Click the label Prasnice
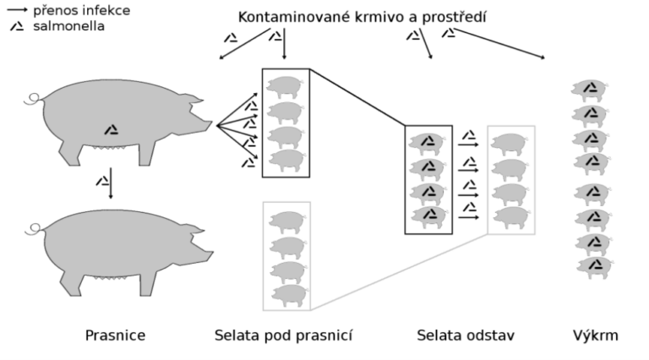115,335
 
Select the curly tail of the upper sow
33,100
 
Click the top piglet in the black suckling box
285,85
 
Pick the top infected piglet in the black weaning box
428,142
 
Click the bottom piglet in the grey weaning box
510,216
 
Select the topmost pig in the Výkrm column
590,89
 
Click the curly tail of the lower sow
33,226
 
